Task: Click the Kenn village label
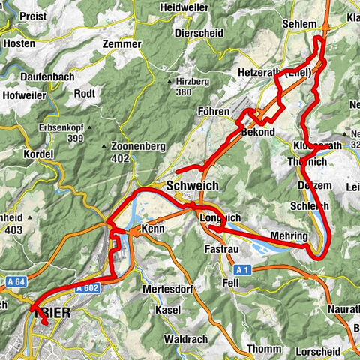152,227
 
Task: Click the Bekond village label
259,132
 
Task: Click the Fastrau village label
221,247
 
